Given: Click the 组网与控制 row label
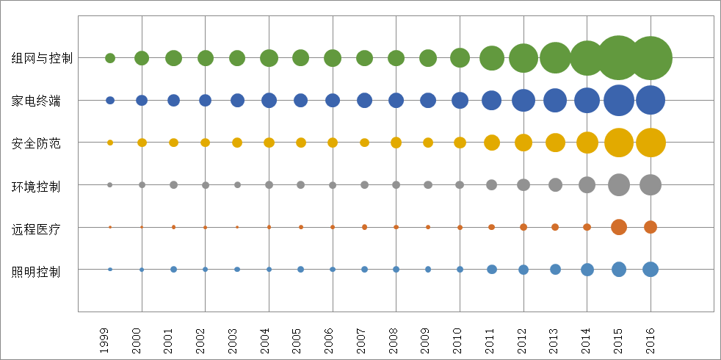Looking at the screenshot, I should tap(42, 58).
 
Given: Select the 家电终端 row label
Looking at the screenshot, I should tap(36, 101).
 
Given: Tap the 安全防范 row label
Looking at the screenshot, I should tap(36, 143).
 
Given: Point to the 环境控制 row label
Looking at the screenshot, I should tap(36, 186).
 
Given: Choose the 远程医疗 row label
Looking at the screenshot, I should tap(36, 228).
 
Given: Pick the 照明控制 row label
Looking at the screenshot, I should tap(36, 271).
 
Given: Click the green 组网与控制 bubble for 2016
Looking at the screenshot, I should tap(651, 57).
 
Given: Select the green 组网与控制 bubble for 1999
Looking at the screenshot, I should tap(110, 58).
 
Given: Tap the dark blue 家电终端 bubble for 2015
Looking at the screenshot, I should tap(619, 100).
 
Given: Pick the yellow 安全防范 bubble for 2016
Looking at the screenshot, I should tap(651, 143).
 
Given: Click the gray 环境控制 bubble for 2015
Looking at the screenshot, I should tap(619, 185).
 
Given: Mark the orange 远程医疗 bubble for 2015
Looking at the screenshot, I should tap(619, 227).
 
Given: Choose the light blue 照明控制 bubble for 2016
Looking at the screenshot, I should tap(651, 270).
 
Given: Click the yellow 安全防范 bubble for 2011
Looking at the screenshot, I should tap(492, 143).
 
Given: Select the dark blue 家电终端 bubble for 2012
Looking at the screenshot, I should tap(523, 100).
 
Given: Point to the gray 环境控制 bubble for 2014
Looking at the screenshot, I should tap(587, 185).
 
